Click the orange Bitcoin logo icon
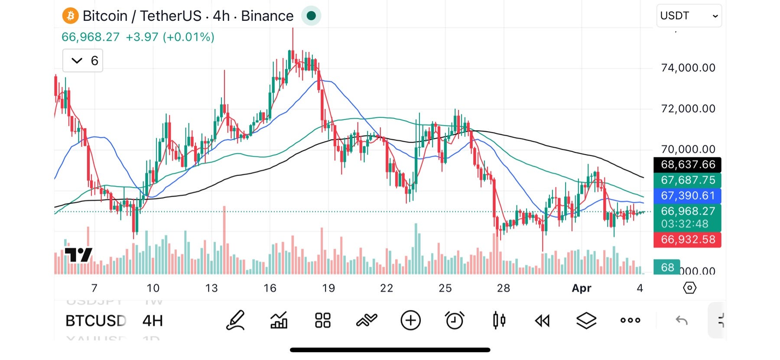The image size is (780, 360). (70, 16)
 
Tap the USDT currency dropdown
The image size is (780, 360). (689, 16)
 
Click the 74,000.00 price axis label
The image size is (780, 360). (688, 68)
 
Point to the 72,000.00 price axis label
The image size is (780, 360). (688, 108)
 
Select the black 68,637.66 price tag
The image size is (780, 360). (687, 165)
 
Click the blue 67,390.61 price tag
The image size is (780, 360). (687, 196)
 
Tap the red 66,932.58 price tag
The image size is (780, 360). (687, 240)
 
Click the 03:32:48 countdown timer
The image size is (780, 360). (685, 224)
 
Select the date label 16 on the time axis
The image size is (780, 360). (270, 288)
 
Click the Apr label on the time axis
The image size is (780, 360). (581, 288)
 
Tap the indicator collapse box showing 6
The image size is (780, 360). (83, 61)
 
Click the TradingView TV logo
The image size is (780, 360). (78, 255)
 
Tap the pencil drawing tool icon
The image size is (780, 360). (236, 321)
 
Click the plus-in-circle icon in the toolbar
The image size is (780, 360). (410, 321)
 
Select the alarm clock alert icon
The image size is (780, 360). (455, 321)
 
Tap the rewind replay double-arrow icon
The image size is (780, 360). (542, 321)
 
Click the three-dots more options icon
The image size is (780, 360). (630, 321)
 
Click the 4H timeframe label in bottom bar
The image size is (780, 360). (153, 321)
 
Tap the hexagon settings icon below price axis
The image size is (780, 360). (689, 288)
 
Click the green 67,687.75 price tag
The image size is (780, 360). (687, 180)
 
